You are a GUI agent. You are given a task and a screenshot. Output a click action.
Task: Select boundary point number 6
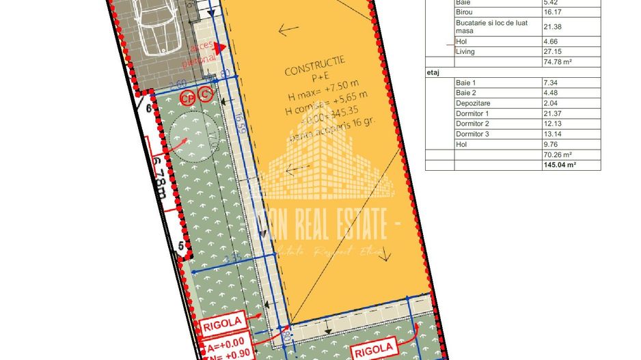(148, 107)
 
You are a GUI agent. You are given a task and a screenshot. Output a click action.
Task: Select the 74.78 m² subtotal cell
(557, 61)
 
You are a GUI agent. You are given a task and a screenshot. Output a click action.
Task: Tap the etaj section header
(433, 71)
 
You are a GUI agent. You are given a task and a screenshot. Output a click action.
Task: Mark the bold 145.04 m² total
(560, 165)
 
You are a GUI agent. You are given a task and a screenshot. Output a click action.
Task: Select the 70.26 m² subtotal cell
(557, 154)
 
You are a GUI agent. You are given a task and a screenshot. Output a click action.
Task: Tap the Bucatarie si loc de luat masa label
(483, 27)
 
